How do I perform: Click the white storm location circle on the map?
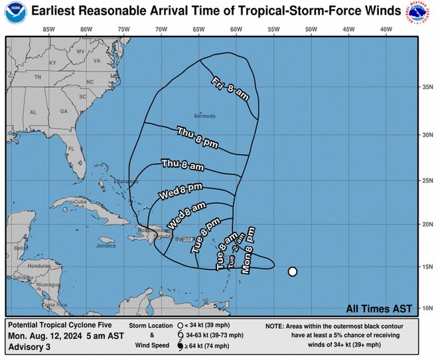point(292,271)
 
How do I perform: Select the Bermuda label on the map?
point(204,116)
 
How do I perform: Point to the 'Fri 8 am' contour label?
point(230,89)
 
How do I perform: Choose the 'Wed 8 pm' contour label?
point(179,193)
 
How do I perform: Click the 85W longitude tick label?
point(48,29)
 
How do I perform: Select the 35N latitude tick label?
point(427,86)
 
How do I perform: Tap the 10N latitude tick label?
point(427,308)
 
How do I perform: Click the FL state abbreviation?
point(70,149)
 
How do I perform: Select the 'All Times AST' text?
point(379,308)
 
